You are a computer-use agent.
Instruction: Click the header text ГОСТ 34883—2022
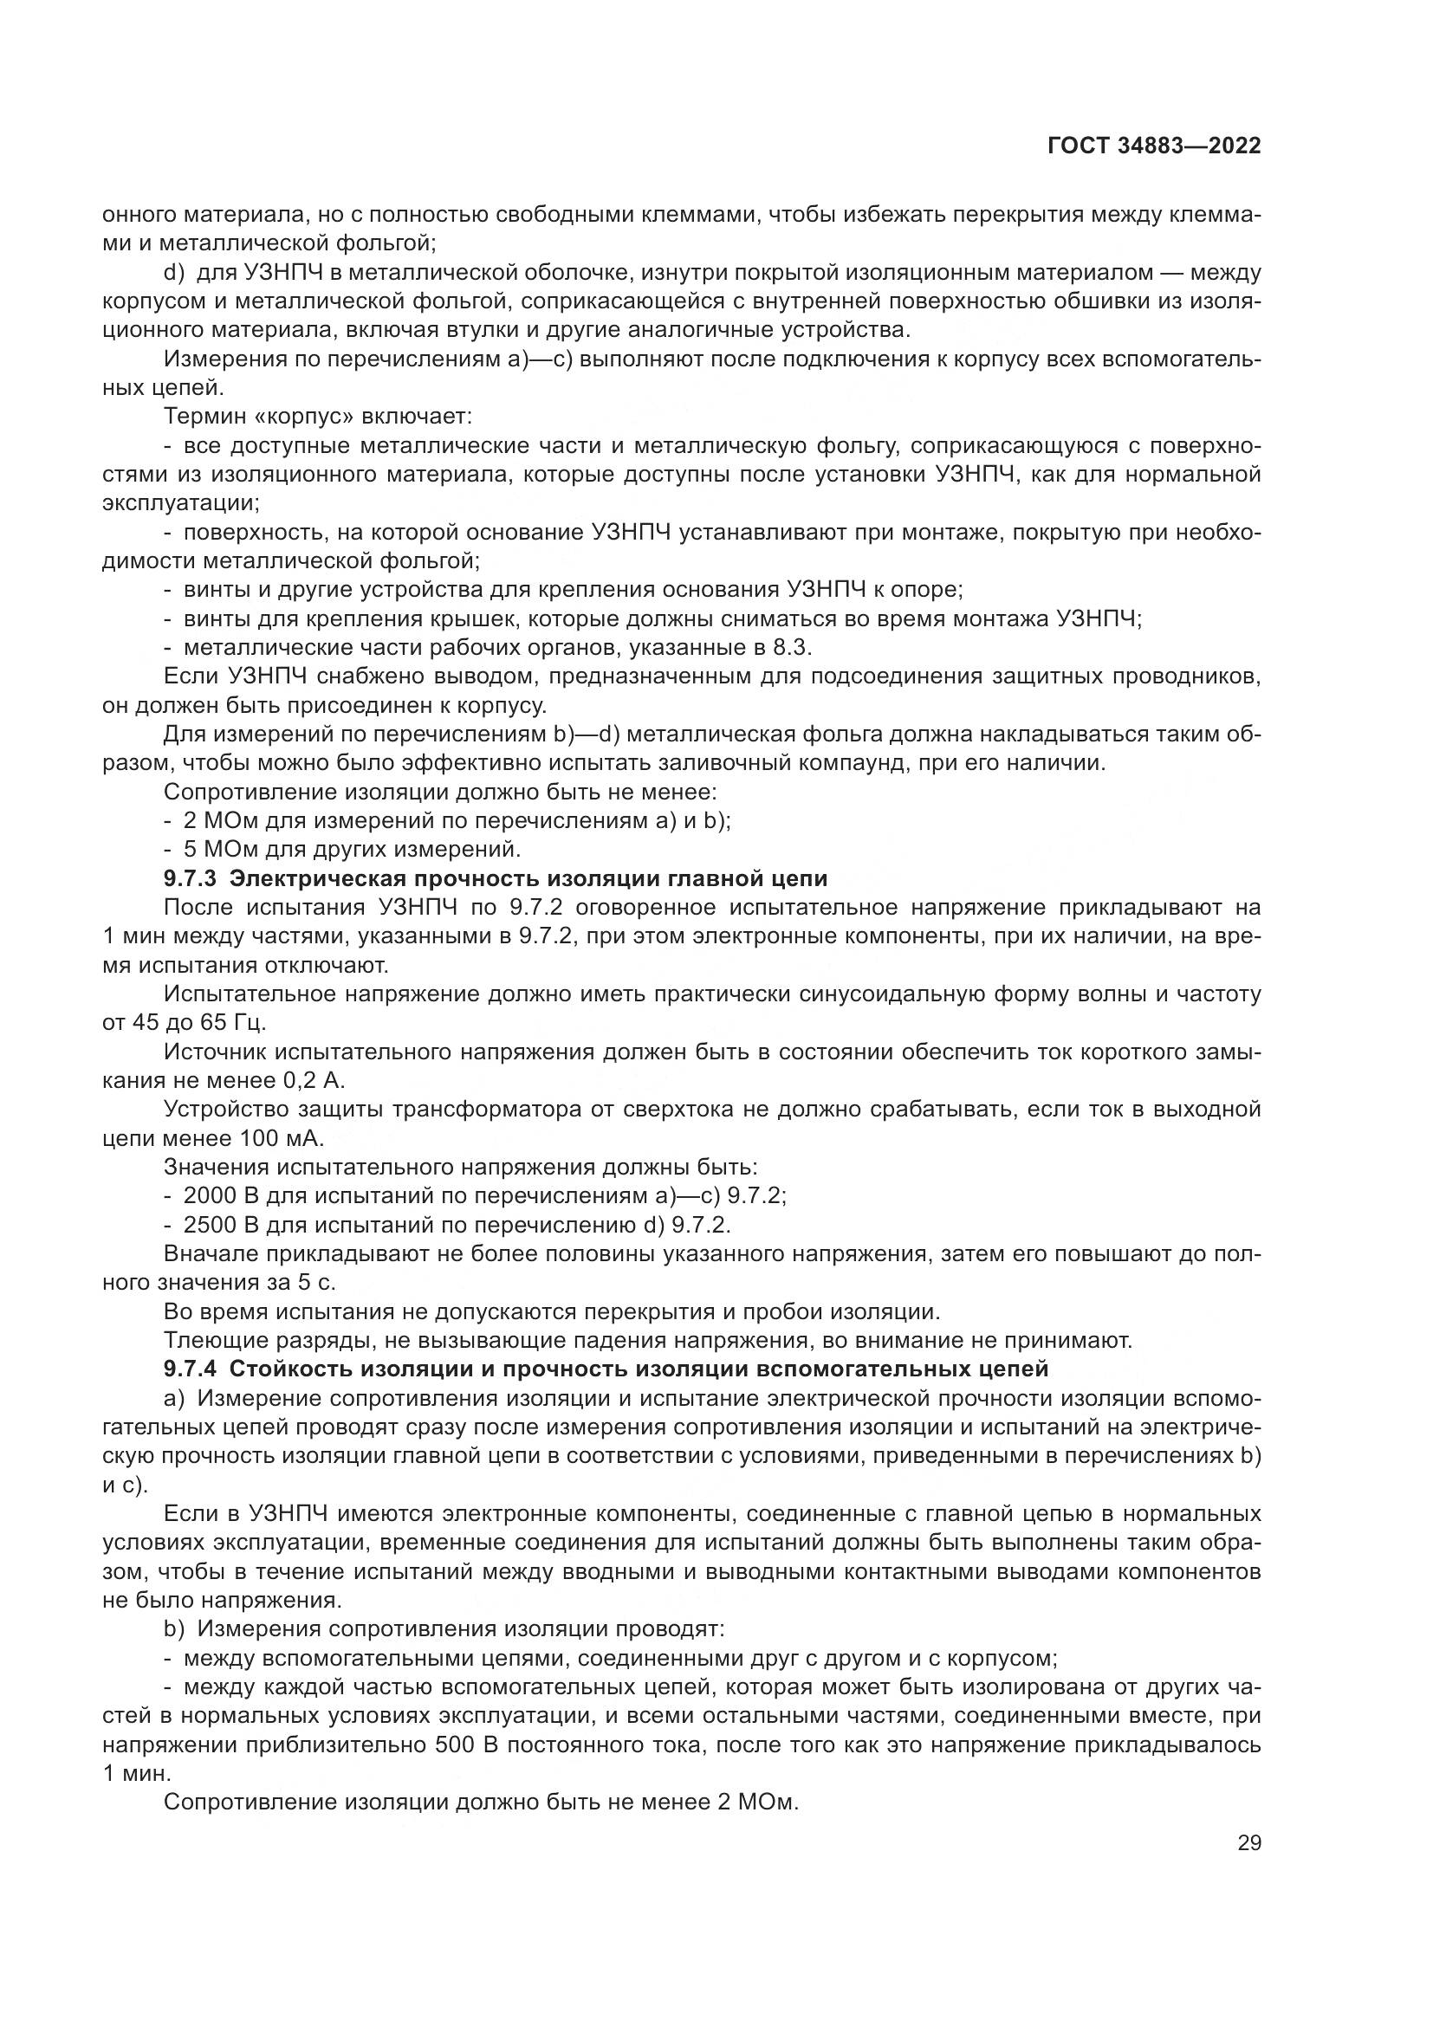tap(1153, 146)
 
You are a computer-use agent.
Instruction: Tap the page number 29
tap(1248, 1867)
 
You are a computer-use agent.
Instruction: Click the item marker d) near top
tap(174, 273)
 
